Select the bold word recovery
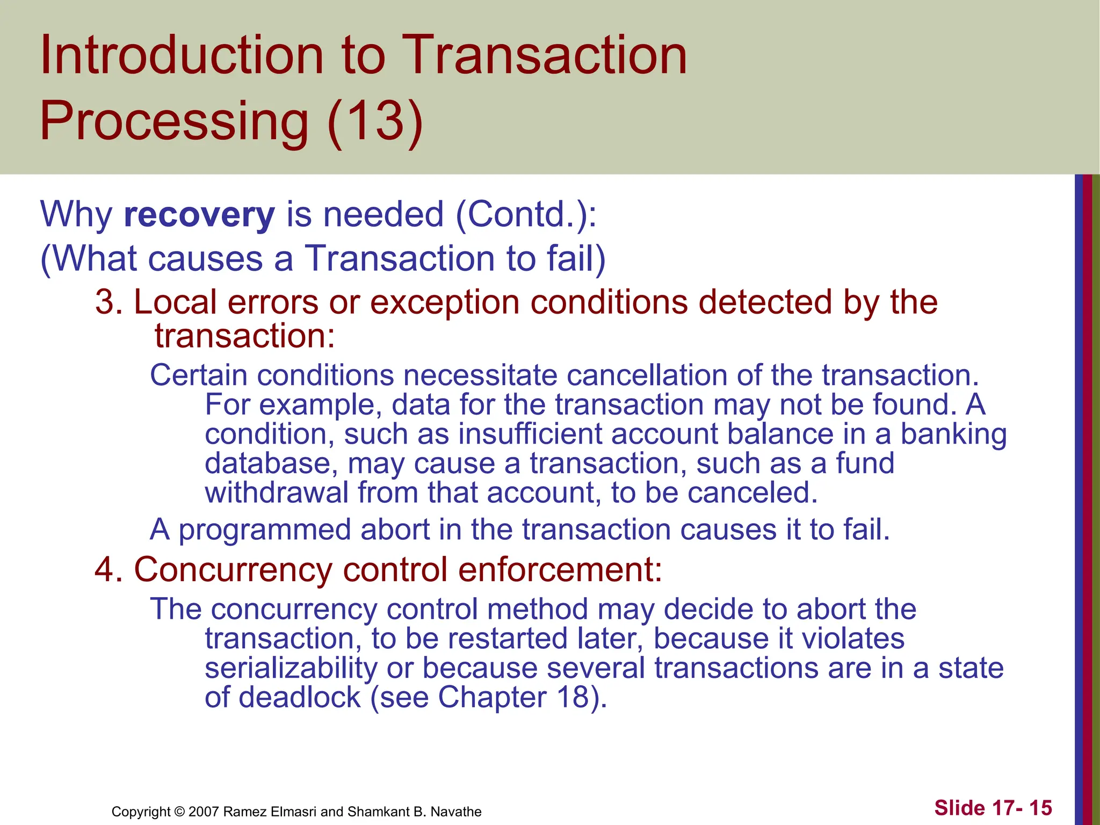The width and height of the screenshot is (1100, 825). pyautogui.click(x=199, y=214)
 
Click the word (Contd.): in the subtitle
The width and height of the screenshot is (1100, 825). pyautogui.click(x=526, y=214)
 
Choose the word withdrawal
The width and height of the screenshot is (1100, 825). pyautogui.click(x=277, y=493)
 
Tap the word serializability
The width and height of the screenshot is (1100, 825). pyautogui.click(x=291, y=668)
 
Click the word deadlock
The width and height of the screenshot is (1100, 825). pyautogui.click(x=299, y=698)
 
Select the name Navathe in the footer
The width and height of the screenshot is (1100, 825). pyautogui.click(x=456, y=812)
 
